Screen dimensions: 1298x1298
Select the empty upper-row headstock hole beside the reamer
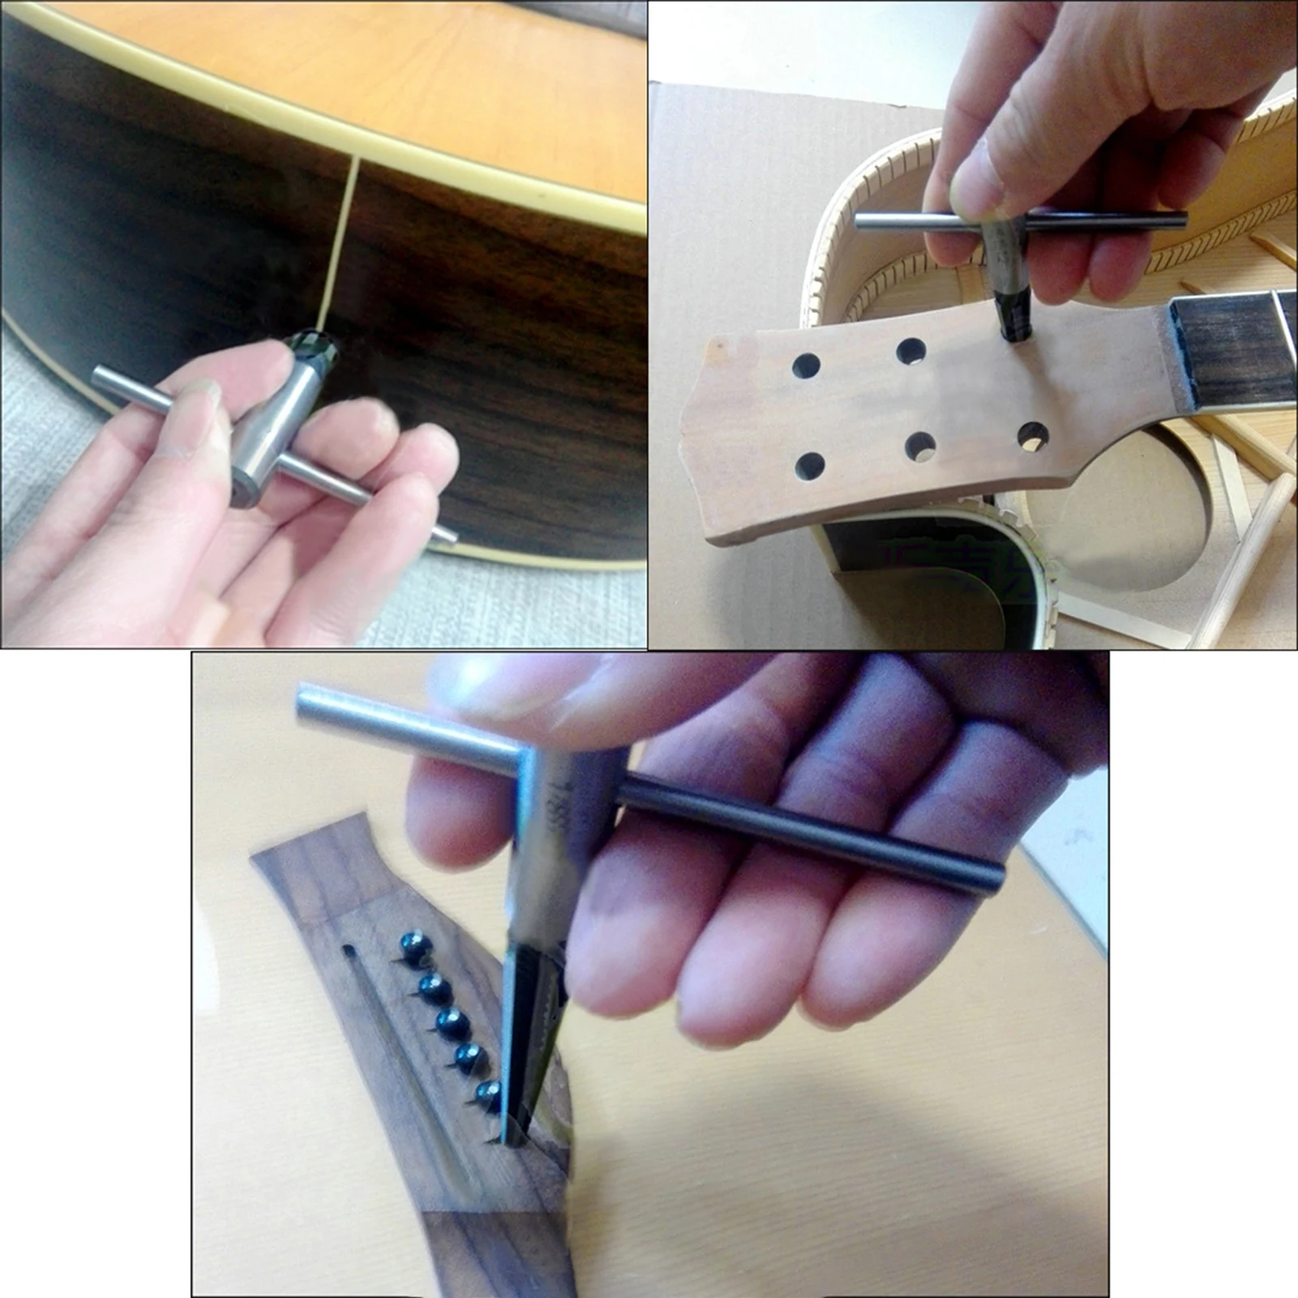(x=911, y=351)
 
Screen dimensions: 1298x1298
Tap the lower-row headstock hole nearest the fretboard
(x=1033, y=435)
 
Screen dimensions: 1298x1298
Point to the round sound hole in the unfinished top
(x=1135, y=511)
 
